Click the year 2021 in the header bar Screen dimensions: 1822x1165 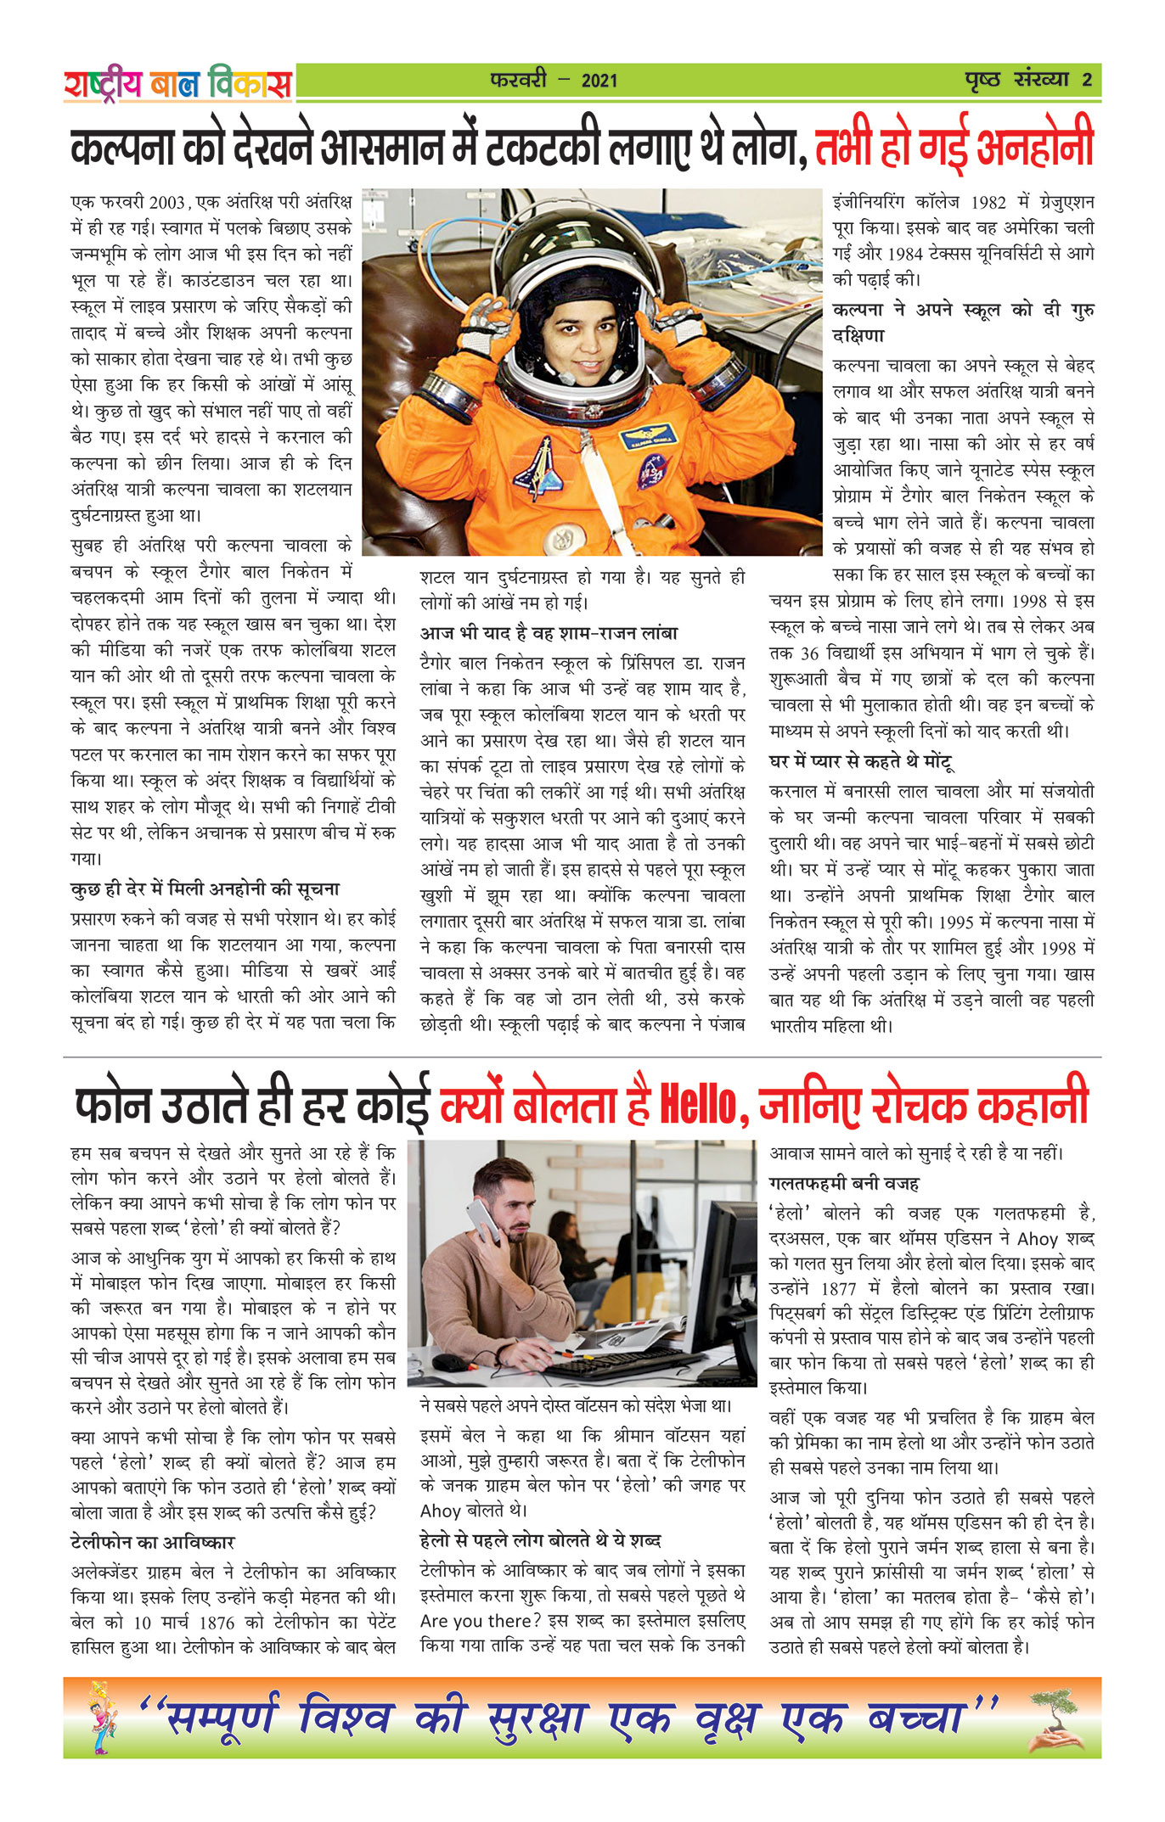pyautogui.click(x=599, y=81)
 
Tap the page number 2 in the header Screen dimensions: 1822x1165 pyautogui.click(x=1087, y=81)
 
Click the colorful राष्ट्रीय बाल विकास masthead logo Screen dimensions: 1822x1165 pyautogui.click(x=177, y=83)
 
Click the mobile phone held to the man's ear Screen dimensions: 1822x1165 pyautogui.click(x=481, y=1220)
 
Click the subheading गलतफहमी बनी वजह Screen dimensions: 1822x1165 pyautogui.click(x=844, y=1183)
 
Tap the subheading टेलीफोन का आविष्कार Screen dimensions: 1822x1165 pyautogui.click(x=153, y=1542)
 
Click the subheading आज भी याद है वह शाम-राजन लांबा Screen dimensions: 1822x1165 pyautogui.click(x=549, y=633)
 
